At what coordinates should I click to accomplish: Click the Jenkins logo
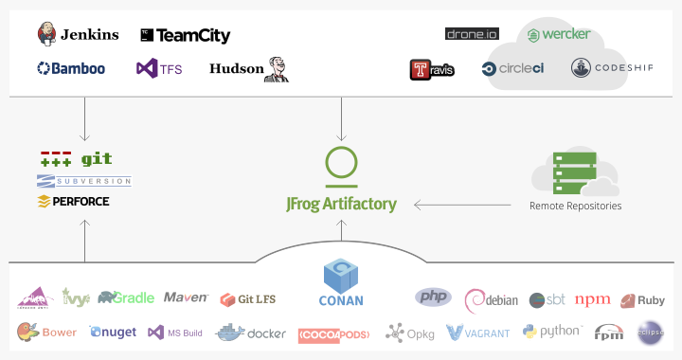(78, 35)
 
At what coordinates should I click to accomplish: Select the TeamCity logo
(185, 36)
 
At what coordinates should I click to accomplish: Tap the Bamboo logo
(71, 68)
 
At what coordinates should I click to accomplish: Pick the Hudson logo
(248, 68)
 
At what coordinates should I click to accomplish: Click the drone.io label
(471, 34)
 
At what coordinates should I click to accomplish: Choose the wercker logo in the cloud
(559, 35)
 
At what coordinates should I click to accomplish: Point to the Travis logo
(432, 69)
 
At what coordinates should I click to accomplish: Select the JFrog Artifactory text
(341, 204)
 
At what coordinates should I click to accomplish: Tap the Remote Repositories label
(575, 206)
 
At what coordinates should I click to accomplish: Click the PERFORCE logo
(73, 201)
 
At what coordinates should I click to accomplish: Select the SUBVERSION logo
(83, 181)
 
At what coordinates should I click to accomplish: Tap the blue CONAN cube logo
(341, 277)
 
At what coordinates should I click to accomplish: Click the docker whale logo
(251, 333)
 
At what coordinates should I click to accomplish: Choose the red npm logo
(592, 300)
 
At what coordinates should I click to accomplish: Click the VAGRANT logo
(478, 333)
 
